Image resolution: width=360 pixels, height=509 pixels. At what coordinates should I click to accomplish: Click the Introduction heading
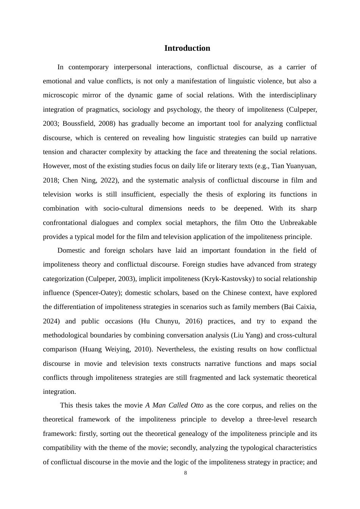[187, 48]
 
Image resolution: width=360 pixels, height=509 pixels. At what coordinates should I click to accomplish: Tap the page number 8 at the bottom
[185, 473]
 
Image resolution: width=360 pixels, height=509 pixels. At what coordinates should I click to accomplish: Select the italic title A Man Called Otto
[174, 405]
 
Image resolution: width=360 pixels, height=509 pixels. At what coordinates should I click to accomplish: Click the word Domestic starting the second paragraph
[72, 250]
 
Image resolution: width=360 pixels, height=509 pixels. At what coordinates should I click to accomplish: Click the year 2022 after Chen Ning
[108, 180]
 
